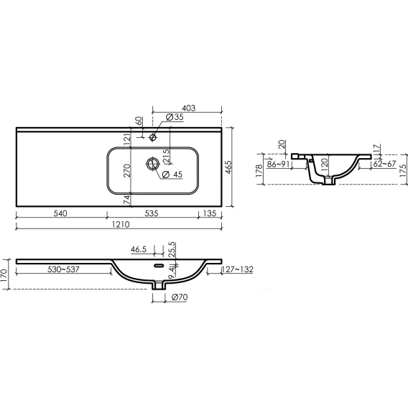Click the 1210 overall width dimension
121,224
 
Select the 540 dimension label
60,213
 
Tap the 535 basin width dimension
152,213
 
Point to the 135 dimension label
210,213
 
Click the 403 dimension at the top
189,108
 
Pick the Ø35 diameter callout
175,117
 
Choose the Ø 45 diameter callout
172,175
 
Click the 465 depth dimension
228,167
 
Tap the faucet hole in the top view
153,137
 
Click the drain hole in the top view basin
153,164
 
